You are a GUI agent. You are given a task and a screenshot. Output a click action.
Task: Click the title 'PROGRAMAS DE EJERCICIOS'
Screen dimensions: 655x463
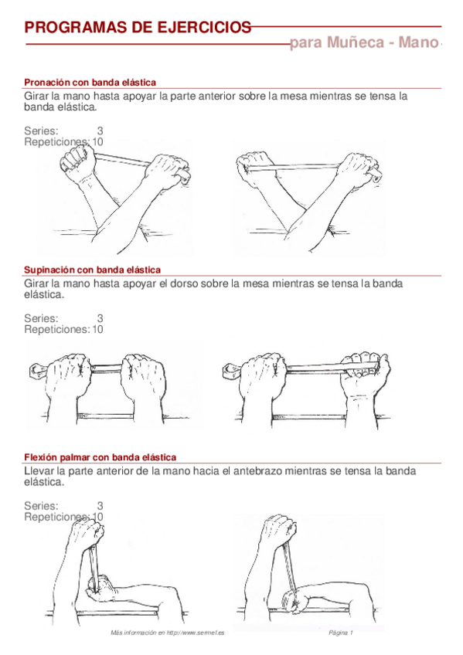pos(138,28)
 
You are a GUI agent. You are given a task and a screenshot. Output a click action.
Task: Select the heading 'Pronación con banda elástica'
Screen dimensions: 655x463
pos(90,82)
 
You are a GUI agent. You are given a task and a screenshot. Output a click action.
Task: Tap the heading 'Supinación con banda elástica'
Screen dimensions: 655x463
pos(92,270)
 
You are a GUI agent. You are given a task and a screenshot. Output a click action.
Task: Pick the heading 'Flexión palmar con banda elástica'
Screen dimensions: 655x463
pos(100,457)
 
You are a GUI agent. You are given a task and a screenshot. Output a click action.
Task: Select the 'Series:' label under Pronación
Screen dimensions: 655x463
pos(41,131)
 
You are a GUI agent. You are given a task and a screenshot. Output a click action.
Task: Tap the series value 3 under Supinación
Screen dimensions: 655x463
pos(100,318)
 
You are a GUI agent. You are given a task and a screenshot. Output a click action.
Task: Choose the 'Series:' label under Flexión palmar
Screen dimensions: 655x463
pos(41,506)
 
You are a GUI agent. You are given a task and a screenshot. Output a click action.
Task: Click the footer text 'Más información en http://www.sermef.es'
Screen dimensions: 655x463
pos(167,633)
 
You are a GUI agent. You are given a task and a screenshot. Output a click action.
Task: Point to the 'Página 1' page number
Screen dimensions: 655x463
pos(340,633)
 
